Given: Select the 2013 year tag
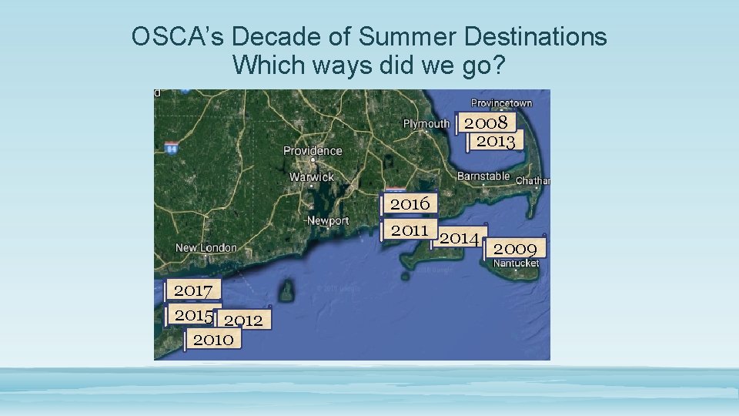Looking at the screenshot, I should point(495,141).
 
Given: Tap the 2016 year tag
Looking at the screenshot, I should point(410,203).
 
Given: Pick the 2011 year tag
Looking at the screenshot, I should point(410,230).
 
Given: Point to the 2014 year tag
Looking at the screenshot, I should point(459,238).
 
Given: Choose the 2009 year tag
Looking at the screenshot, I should point(515,248).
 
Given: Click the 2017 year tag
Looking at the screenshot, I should point(193,290).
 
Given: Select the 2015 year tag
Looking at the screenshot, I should point(192,315).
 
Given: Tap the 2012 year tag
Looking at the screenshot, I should point(243,320).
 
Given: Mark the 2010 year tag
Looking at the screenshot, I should point(213,339).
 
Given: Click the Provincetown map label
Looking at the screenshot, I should point(501,103).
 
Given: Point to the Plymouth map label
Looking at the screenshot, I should point(426,123).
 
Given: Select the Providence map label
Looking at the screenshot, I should point(313,150).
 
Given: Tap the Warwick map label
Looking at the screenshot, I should point(312,176).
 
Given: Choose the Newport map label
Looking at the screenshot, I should point(328,220).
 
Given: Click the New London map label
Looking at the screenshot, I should point(206,247).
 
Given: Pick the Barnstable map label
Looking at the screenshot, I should point(483,176).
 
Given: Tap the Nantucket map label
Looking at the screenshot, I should point(516,263).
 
